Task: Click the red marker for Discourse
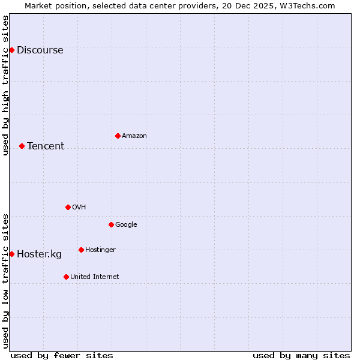[11, 50]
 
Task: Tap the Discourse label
[40, 50]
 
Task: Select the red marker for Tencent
[22, 146]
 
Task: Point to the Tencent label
[46, 146]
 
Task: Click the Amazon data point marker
[118, 136]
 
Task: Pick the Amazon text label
[134, 136]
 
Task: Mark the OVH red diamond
[68, 207]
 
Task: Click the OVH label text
[79, 208]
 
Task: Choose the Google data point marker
[111, 224]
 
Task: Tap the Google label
[126, 225]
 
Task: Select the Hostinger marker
[81, 250]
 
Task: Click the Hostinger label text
[100, 250]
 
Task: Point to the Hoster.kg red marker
[11, 254]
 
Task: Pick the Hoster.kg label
[39, 254]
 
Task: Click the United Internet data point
[66, 277]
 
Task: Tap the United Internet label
[95, 277]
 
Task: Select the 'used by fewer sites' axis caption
[62, 355]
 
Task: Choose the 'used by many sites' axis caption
[301, 355]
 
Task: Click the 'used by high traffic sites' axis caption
[5, 85]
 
